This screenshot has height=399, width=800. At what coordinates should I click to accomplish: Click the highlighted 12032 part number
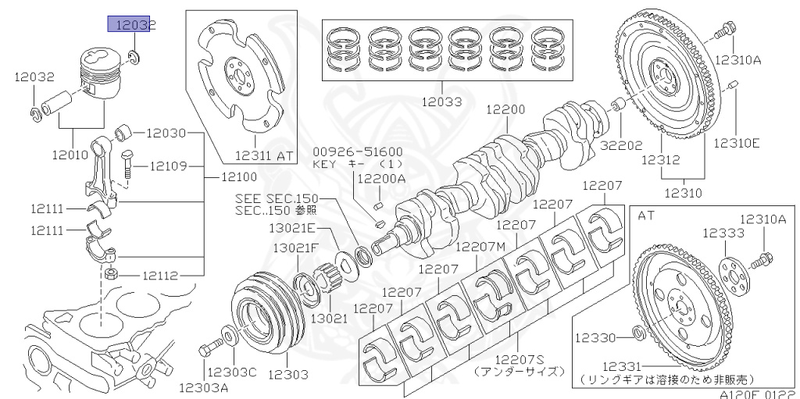click(132, 25)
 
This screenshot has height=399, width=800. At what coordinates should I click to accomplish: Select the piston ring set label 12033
click(441, 102)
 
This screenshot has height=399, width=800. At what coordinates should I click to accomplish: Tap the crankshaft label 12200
click(505, 110)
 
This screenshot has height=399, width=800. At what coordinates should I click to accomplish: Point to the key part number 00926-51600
click(357, 151)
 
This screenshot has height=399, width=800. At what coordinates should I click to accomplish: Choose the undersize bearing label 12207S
click(519, 359)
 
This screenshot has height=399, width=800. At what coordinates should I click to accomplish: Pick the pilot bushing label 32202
click(621, 144)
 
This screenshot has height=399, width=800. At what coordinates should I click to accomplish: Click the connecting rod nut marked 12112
click(111, 274)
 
